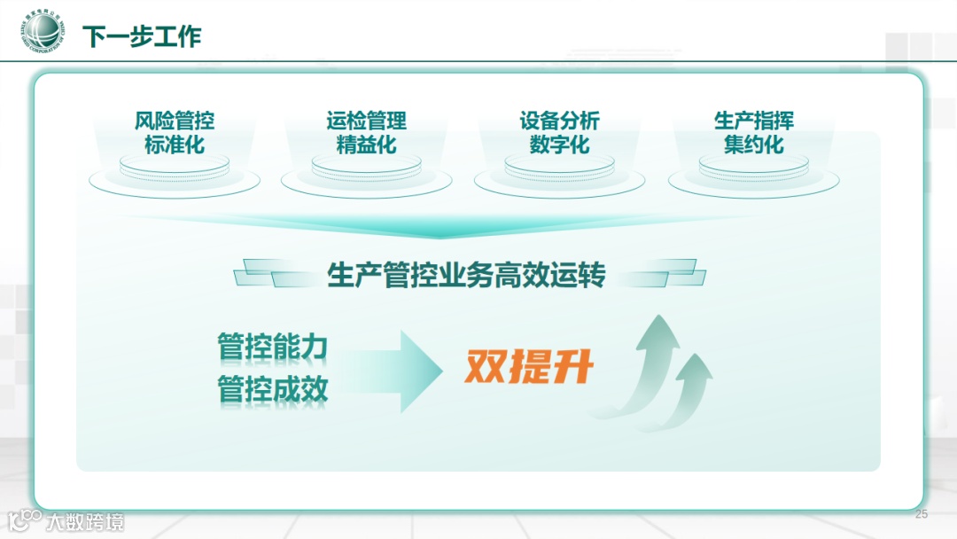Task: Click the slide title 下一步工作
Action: tap(142, 36)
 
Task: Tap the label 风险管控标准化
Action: tap(175, 132)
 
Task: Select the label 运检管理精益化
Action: tap(366, 132)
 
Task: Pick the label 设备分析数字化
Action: tap(559, 132)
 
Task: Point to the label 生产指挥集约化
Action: tap(753, 132)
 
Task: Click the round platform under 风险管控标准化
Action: tap(175, 174)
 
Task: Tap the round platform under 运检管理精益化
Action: tap(366, 174)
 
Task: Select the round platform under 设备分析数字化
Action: tap(559, 174)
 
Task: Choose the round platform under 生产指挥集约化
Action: tap(753, 174)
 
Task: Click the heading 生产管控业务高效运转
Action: tap(466, 275)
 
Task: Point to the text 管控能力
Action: tap(272, 347)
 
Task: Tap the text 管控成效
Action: tap(272, 389)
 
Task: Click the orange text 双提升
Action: tap(528, 367)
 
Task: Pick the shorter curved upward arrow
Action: tap(688, 390)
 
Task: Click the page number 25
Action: tap(921, 514)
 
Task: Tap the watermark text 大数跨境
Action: tap(86, 521)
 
